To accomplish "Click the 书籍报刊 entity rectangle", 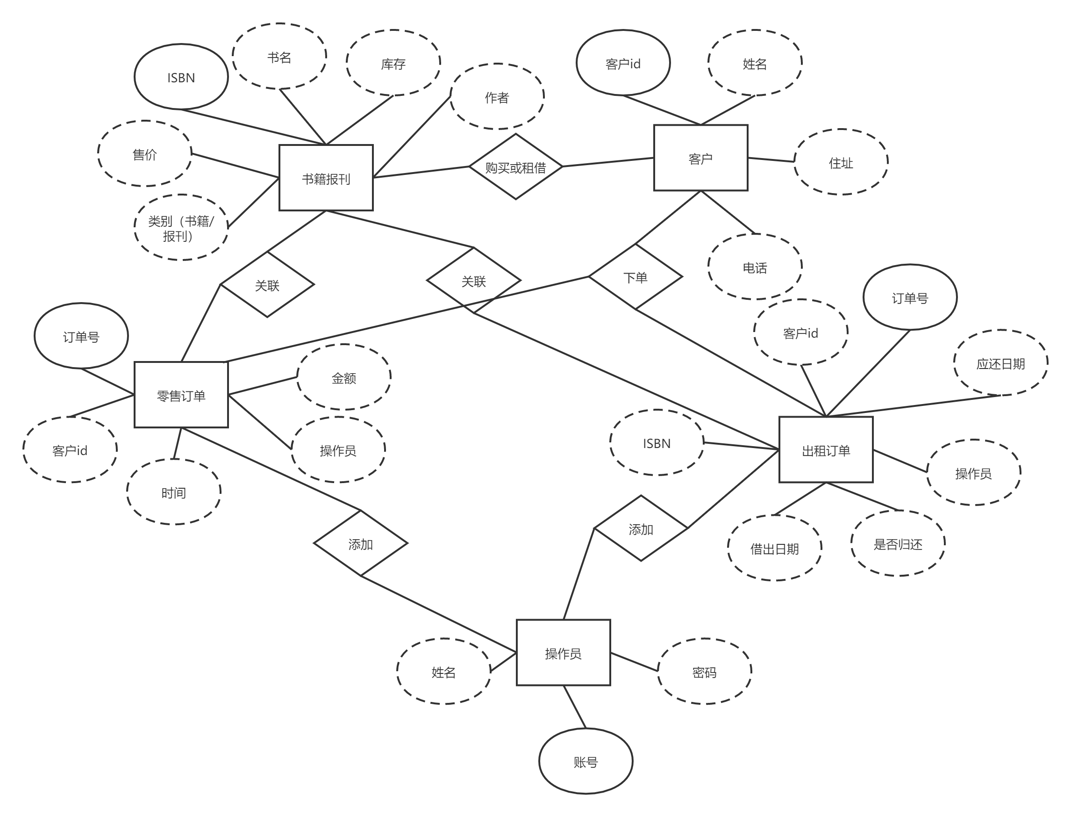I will point(326,178).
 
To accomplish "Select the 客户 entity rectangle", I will point(700,158).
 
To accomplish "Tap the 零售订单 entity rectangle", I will point(181,395).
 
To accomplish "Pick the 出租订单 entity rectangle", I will point(826,450).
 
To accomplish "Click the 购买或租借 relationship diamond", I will point(515,167).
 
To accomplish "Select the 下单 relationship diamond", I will point(635,277).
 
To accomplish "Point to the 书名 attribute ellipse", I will point(279,57).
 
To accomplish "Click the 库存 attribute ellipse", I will point(393,63).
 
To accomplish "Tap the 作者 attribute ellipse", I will point(497,97).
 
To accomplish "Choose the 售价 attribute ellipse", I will point(144,154).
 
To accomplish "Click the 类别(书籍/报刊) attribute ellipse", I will point(181,228).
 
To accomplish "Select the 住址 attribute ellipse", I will point(841,162).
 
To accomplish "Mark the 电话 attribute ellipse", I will point(755,267).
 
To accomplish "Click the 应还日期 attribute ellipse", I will point(1000,363).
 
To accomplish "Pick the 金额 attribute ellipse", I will point(343,377).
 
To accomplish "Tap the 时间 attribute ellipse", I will point(173,492).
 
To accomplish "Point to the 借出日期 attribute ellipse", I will point(775,548).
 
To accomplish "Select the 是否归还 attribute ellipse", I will point(898,543).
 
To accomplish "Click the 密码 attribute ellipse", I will point(704,672).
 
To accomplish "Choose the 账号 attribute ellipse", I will point(585,761).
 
